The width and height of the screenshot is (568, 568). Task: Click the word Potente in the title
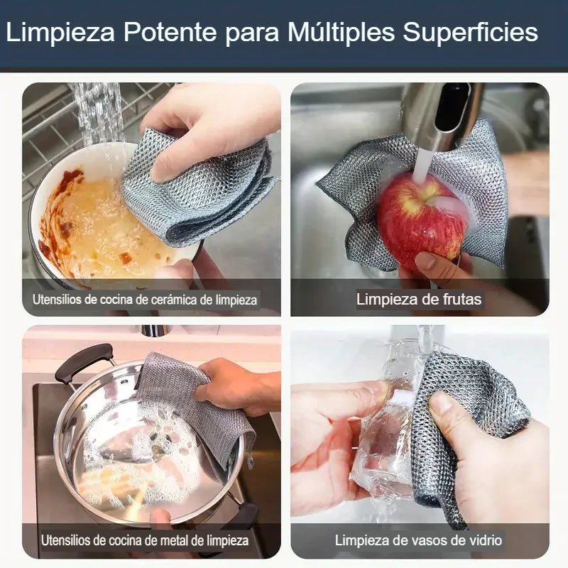(170, 32)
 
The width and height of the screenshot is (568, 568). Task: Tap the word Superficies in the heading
(470, 32)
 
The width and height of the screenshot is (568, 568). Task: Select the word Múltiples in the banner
(341, 32)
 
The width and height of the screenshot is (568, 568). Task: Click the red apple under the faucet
(421, 220)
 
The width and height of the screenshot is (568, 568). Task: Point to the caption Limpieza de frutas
(419, 299)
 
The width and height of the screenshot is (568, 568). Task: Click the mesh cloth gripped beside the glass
(467, 427)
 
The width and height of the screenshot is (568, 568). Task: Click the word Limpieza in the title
(60, 32)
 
